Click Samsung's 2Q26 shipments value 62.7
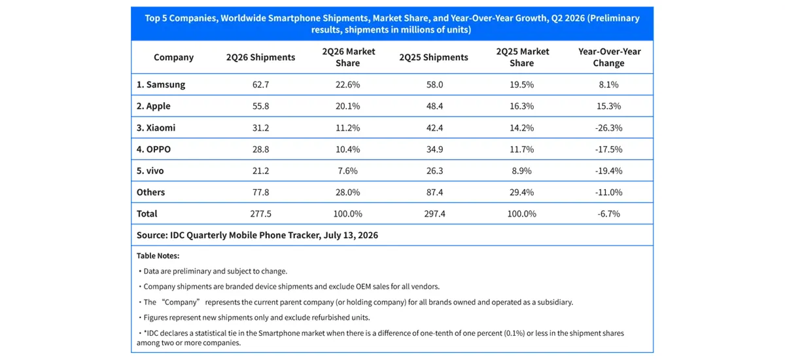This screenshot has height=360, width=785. coord(260,84)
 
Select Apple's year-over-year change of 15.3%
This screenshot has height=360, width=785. coord(608,106)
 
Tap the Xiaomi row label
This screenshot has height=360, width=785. coord(156,128)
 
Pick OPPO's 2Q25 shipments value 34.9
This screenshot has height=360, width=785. coord(434,149)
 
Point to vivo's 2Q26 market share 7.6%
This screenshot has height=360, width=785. coord(347,171)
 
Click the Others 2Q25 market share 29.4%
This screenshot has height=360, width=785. coord(521,192)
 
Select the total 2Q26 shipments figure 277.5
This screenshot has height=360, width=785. coord(260,213)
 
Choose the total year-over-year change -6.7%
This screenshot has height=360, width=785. coord(608,213)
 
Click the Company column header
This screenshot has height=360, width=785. coord(173,57)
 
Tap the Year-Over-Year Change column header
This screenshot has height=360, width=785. coord(609,57)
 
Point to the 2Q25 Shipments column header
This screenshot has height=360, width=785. coord(434,57)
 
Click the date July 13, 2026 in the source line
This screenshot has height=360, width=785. coord(351,235)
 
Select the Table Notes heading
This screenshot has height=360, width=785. coord(158,256)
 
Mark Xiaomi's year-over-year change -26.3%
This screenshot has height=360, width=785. coord(608,128)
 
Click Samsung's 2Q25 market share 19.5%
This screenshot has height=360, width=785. coord(521,84)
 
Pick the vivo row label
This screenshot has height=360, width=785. coord(150,171)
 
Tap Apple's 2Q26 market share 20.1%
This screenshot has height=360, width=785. coord(347,106)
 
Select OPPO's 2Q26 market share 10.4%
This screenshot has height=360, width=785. coord(347,149)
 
